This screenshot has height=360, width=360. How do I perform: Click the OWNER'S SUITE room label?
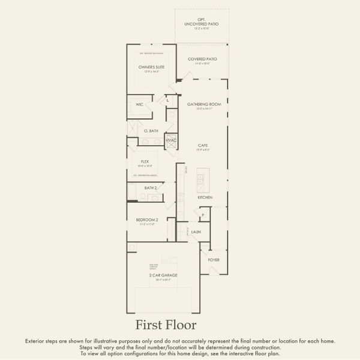pos(151,67)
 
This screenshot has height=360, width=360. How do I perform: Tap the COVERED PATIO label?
pos(202,59)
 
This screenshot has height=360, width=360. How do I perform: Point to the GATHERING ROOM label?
pos(204,104)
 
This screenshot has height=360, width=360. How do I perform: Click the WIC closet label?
pos(139,104)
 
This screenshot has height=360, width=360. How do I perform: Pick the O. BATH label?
pos(151,131)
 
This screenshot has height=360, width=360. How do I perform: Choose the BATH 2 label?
pos(151,188)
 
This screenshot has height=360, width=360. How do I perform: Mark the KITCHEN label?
pos(205,197)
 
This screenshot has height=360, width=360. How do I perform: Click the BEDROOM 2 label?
pos(146,220)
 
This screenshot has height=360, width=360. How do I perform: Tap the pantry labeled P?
pos(203,215)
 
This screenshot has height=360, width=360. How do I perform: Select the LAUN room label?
pos(196,231)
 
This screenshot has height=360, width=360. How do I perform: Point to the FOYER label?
pos(213,260)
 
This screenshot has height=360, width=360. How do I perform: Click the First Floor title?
pos(165,325)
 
